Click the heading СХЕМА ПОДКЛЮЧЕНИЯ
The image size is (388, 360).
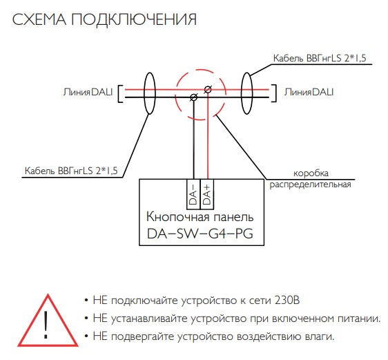click(x=104, y=19)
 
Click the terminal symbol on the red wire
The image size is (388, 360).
click(x=208, y=89)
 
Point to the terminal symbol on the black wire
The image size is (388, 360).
click(x=194, y=97)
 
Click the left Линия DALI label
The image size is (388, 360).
click(x=88, y=92)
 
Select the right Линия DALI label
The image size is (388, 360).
click(x=309, y=92)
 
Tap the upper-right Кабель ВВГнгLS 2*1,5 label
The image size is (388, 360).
click(x=320, y=58)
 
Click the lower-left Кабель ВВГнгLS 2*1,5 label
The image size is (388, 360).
click(x=71, y=171)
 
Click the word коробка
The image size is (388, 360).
click(x=311, y=173)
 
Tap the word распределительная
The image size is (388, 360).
click(x=310, y=184)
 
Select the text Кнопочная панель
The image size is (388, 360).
click(x=200, y=217)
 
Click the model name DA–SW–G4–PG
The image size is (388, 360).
click(x=200, y=234)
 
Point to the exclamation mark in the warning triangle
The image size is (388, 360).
click(x=46, y=324)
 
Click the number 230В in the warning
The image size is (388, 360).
click(x=287, y=301)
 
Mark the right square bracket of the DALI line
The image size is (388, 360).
click(x=274, y=93)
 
